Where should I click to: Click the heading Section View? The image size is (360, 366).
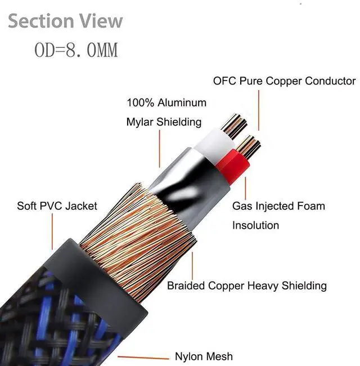(x=65, y=21)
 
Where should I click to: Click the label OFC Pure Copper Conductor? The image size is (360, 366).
(x=284, y=81)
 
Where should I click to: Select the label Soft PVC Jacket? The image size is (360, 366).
(x=57, y=206)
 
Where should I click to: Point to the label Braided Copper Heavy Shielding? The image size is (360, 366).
(x=246, y=285)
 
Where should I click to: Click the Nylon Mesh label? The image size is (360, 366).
(x=203, y=356)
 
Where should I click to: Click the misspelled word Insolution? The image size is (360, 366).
(x=255, y=225)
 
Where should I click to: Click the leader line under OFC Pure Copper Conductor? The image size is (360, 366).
(x=259, y=110)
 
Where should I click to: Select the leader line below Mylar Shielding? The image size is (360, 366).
(x=159, y=148)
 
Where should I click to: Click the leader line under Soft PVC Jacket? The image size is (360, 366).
(x=52, y=231)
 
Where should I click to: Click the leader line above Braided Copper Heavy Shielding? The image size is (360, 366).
(x=192, y=265)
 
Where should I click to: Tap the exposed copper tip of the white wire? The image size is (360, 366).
(x=233, y=126)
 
